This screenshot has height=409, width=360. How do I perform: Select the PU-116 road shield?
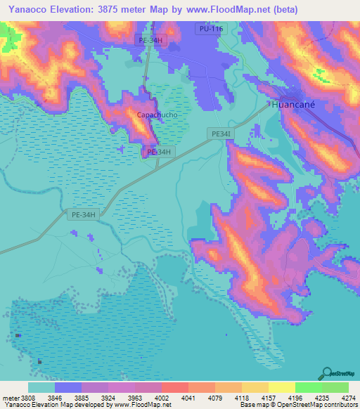(x=210, y=27)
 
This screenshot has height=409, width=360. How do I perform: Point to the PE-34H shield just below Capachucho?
(x=157, y=152)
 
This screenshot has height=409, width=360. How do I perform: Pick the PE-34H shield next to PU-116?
(x=149, y=41)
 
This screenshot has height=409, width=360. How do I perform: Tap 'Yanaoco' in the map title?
(x=27, y=10)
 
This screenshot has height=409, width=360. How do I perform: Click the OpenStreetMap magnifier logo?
(x=326, y=373)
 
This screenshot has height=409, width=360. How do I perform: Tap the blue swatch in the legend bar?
(x=68, y=387)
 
